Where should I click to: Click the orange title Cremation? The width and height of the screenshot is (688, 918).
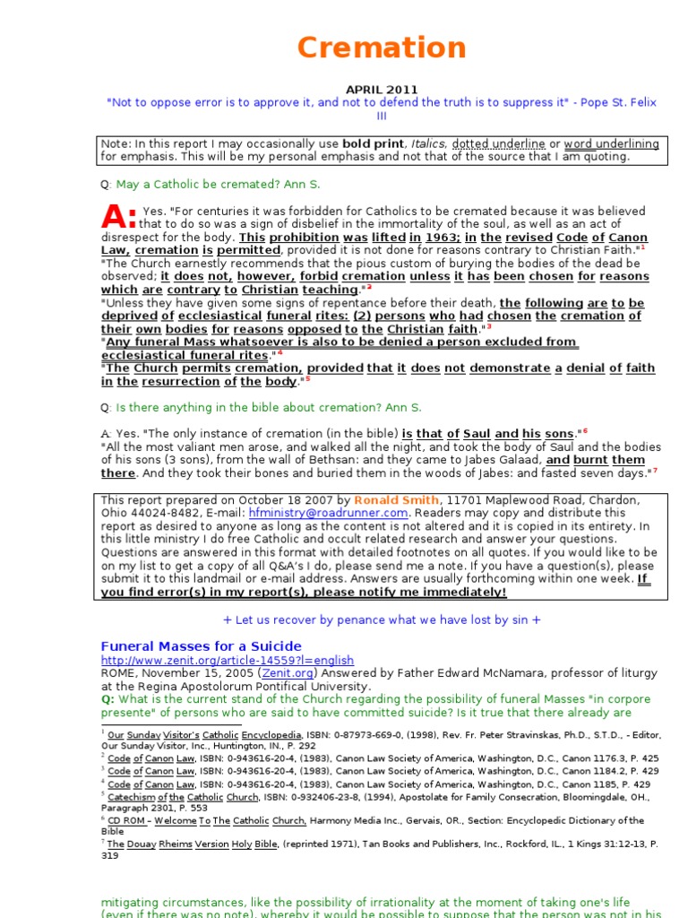382,48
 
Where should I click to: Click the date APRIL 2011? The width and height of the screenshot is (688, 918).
382,90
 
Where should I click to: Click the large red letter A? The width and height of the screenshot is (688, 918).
118,215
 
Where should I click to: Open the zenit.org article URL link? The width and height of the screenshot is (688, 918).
228,660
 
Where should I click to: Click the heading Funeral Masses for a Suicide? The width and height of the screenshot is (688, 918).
201,646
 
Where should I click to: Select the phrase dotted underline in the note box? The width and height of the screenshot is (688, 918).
498,143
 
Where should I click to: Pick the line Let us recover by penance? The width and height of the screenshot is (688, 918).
382,619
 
